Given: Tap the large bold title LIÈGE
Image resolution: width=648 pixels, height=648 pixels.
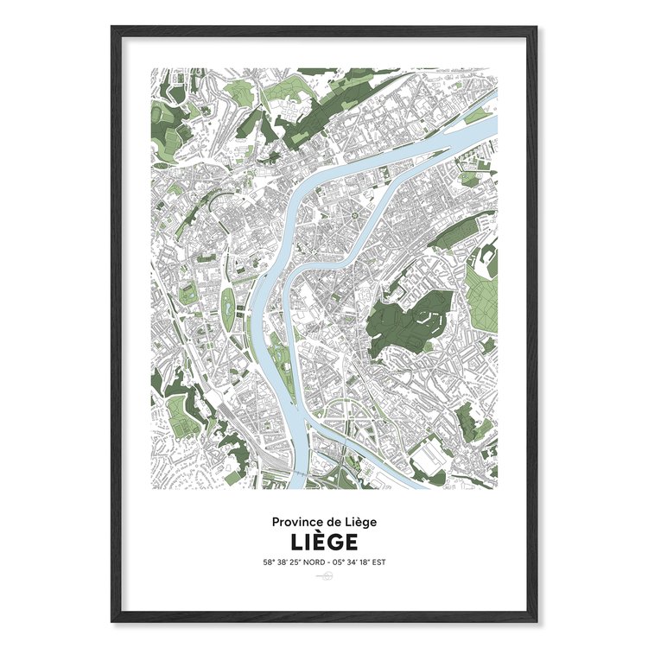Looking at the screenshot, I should [x=324, y=543].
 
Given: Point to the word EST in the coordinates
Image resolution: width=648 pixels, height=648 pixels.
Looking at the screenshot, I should [x=377, y=562].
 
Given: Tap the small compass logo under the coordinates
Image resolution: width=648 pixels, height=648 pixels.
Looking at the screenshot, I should [x=324, y=577].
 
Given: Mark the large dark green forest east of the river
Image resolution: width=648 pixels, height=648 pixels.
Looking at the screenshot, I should [x=406, y=320].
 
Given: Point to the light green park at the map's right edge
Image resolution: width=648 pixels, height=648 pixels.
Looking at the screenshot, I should [x=481, y=294].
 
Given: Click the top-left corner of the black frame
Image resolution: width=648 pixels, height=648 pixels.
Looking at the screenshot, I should [x=113, y=29].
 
